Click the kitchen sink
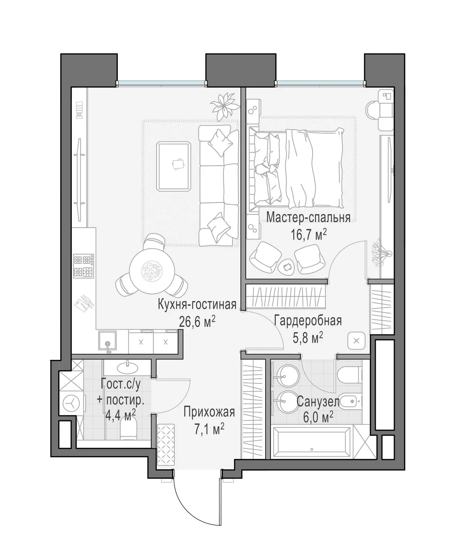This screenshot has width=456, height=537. coord(108,342)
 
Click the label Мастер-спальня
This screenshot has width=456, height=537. coord(308,217)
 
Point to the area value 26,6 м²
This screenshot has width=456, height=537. coord(197,322)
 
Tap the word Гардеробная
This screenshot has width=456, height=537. coord(308,321)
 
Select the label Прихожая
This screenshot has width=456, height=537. coord(209,412)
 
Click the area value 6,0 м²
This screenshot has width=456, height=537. coord(318,418)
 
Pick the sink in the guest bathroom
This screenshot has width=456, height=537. coord(128,368)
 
